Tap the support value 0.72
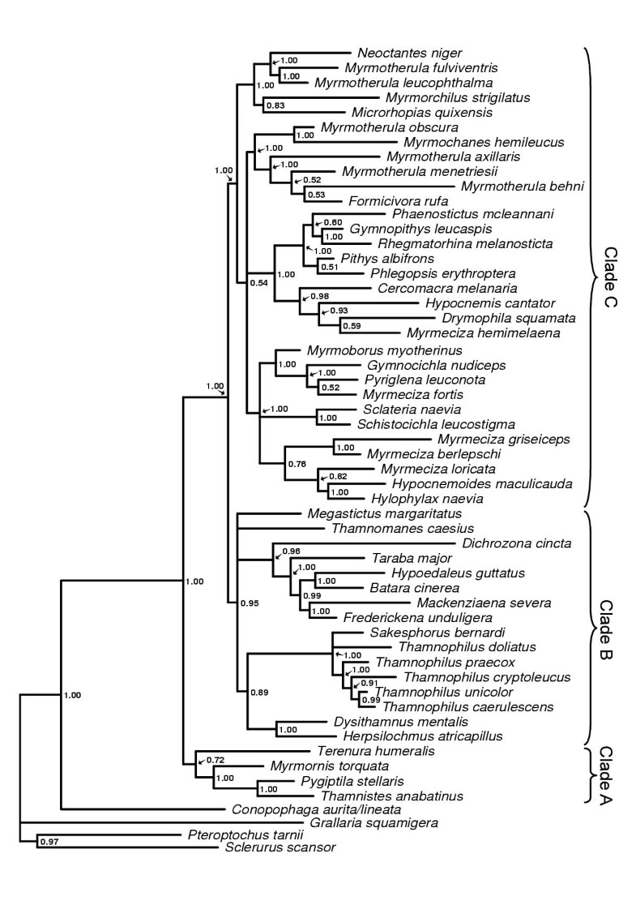(x=215, y=760)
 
